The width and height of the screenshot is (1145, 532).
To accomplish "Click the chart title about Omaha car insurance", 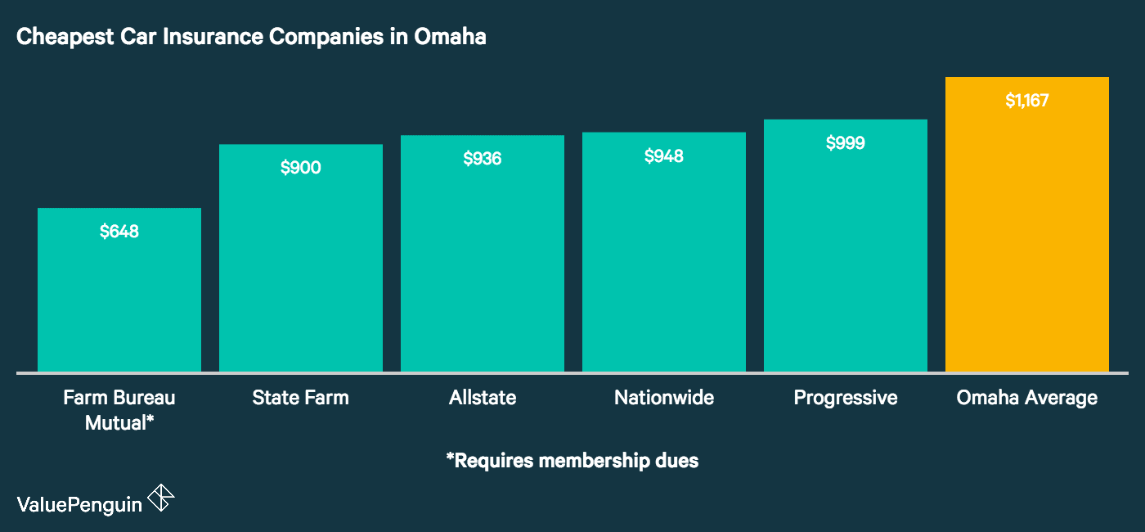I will pos(251,37).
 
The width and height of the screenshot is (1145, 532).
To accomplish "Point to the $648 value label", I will pos(119,232).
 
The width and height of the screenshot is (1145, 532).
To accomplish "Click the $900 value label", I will pos(301,168).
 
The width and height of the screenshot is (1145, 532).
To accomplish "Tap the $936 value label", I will pos(483,159).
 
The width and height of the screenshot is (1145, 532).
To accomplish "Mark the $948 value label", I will pos(664,156).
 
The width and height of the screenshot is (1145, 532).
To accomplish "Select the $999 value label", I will pos(846,143).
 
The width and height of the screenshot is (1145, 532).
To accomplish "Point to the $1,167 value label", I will pos(1027,101).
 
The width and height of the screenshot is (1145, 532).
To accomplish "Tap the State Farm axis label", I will pos(301,398).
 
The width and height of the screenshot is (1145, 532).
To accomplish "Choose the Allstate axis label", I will pos(483,398).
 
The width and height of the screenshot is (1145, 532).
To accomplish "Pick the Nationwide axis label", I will pos(664,398).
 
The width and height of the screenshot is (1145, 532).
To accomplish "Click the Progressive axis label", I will pos(846,398).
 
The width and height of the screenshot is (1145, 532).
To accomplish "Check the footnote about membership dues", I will pos(572,461).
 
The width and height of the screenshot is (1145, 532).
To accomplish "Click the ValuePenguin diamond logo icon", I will pos(160,498).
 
